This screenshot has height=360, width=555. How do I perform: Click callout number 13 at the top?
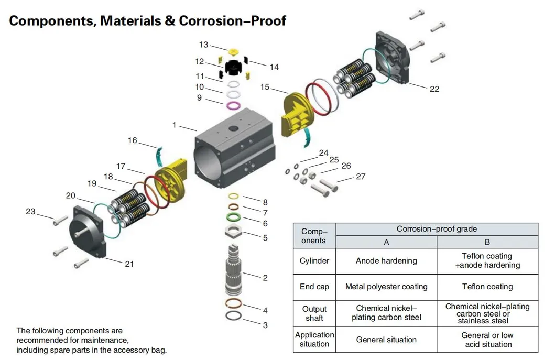(x=203, y=45)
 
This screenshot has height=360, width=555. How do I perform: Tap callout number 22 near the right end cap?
(x=434, y=89)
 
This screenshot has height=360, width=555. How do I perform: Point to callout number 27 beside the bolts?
(x=361, y=177)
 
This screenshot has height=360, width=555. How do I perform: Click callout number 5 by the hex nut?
(x=265, y=237)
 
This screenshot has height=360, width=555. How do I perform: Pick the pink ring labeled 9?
(x=233, y=106)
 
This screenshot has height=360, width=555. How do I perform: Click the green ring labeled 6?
(x=234, y=216)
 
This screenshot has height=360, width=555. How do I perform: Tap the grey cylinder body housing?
(x=231, y=157)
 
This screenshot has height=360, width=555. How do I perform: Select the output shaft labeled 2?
(x=235, y=270)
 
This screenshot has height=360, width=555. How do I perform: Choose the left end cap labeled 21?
(x=89, y=231)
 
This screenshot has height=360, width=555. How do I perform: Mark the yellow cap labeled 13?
(x=233, y=51)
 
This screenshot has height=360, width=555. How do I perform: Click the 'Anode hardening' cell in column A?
(x=386, y=261)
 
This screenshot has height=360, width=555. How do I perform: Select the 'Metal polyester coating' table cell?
(x=386, y=287)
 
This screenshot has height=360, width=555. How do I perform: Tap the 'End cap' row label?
(x=314, y=287)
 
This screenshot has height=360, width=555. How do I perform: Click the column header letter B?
(x=487, y=242)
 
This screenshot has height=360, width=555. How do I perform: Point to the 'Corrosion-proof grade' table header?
(x=437, y=229)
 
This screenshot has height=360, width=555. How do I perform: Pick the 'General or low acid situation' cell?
(x=487, y=340)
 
